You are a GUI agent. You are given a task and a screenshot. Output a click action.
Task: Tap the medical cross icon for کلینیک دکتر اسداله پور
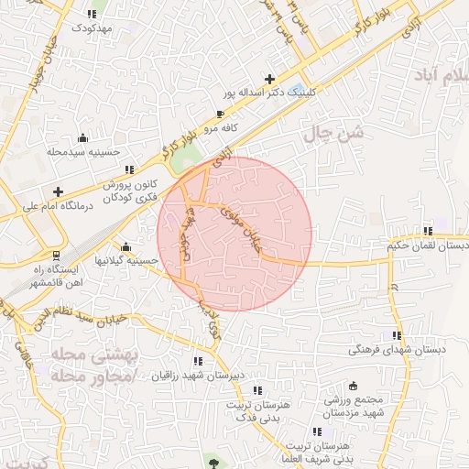pyautogui.click(x=268, y=79)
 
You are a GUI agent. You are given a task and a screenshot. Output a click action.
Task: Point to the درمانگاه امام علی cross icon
pyautogui.click(x=59, y=191)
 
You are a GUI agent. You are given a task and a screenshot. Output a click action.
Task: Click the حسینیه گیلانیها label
pyautogui.click(x=129, y=261)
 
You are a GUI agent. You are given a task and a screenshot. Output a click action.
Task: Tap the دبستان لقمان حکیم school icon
pyautogui.click(x=427, y=231)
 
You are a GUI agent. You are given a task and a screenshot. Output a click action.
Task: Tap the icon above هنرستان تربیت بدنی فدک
pyautogui.click(x=256, y=389)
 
